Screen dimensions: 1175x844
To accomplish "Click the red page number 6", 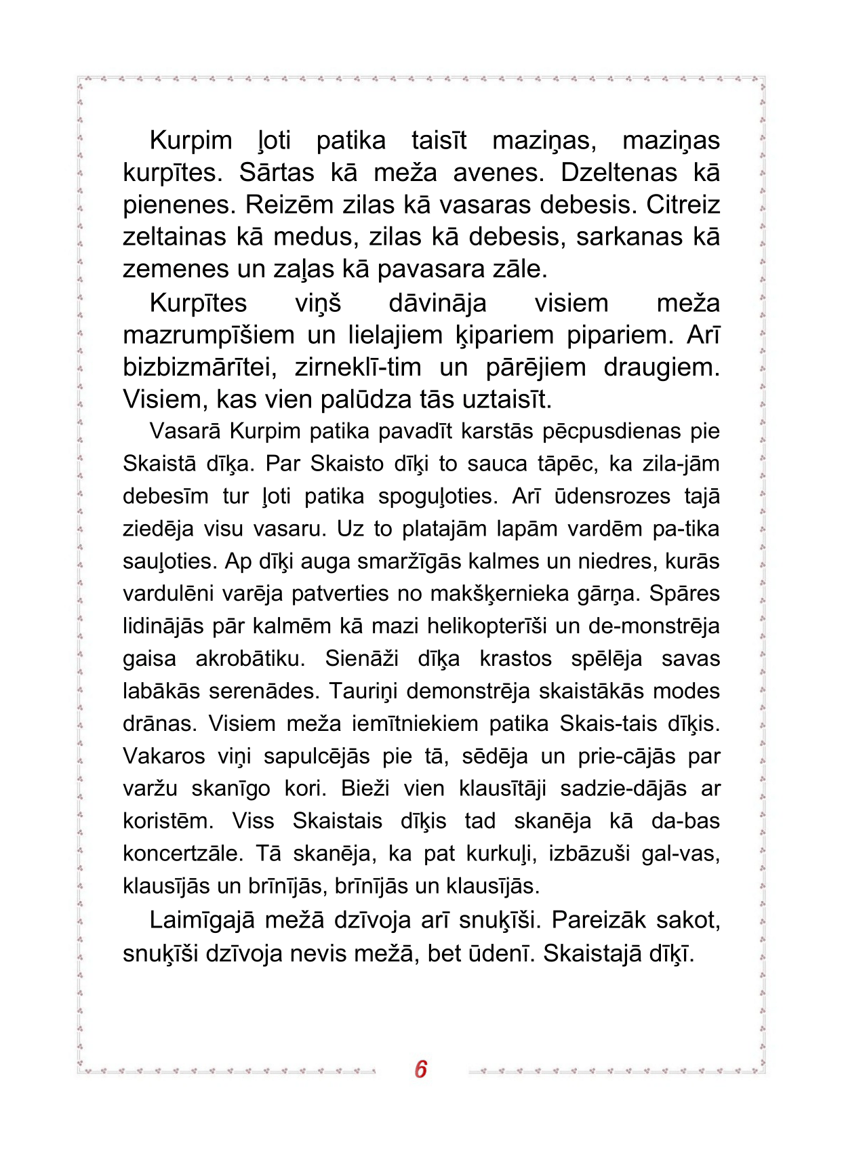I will pos(420,1069).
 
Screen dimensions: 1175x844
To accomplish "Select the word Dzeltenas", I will pos(618,174).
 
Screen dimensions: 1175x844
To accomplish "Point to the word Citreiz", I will pos(683,205).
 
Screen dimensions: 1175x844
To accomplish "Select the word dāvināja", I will pos(437,303).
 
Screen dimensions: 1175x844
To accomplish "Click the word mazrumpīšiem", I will pos(208,336).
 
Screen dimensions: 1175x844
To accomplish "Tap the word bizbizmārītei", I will pos(200,367).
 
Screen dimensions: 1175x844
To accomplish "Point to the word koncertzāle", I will pos(182,853).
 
